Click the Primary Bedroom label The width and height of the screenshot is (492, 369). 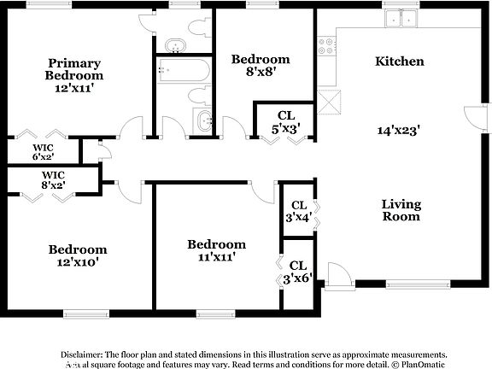pos(74,69)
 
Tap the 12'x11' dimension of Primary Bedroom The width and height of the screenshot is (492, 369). pos(74,88)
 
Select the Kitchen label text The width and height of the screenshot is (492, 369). pos(400,61)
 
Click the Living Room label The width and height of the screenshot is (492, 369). pos(401,209)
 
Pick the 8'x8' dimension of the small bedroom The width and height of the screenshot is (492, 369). pos(261,74)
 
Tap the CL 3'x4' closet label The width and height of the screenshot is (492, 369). pos(298,211)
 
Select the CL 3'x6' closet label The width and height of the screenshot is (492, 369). pos(298,272)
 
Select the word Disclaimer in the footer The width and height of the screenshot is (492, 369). pos(81,353)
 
